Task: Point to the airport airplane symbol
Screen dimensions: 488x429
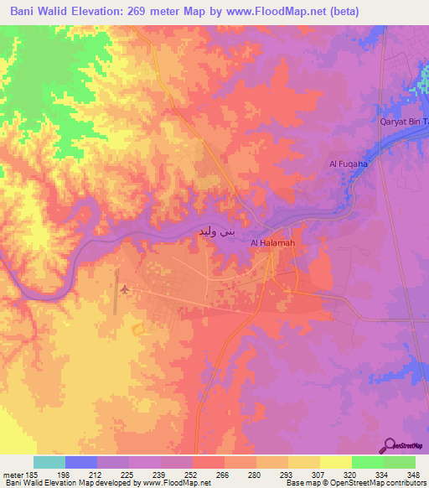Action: [126, 290]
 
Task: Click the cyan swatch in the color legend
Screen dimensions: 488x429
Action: [49, 462]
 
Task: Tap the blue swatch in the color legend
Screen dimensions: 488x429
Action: [81, 462]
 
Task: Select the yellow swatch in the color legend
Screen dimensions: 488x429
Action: [335, 462]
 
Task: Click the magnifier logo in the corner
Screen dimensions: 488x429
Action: [390, 445]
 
